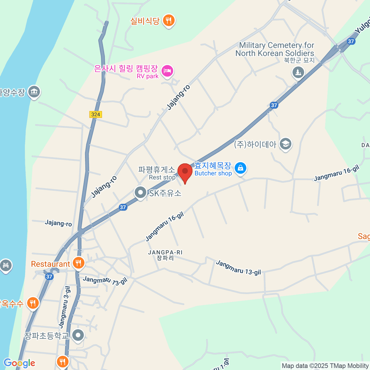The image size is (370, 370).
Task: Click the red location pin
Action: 185,171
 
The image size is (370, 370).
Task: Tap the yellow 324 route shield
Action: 96,114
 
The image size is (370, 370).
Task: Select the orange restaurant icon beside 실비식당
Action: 168,21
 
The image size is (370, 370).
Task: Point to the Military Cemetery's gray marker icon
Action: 298,73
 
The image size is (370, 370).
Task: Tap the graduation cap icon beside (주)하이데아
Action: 286,144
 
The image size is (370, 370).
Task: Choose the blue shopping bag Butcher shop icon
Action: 240,168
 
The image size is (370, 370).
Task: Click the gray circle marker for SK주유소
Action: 141,193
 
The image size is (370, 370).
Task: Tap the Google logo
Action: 19,363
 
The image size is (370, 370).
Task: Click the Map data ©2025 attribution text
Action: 325,366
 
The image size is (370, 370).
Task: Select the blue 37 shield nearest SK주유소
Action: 123,207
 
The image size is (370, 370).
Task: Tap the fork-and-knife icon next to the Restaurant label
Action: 78,263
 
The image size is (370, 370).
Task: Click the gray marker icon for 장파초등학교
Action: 78,335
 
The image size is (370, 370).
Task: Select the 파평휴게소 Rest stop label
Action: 157,173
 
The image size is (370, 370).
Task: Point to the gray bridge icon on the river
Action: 6,265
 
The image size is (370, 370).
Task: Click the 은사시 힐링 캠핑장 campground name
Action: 126,68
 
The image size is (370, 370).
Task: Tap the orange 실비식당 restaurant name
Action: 145,21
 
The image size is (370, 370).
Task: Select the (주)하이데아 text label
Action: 255,144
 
